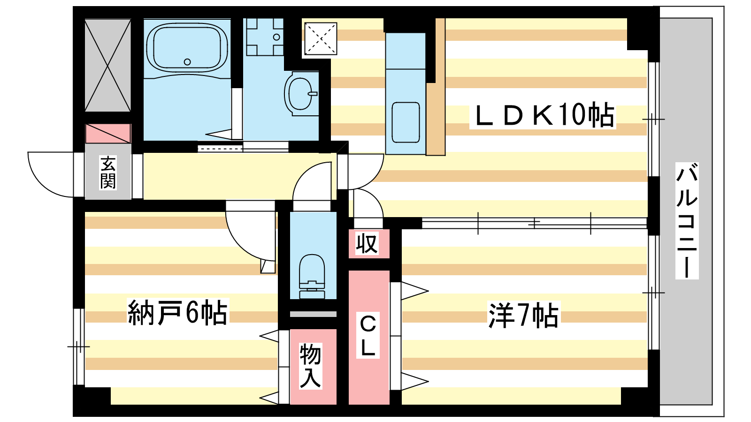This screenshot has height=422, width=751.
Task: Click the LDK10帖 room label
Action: point(543,115)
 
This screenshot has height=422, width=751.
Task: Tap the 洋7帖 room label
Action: point(523,315)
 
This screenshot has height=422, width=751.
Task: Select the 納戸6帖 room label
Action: point(177,313)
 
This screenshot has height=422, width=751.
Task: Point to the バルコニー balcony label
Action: point(687,220)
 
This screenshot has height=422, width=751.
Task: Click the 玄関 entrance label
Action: point(108,173)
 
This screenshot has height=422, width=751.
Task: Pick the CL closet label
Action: point(368,336)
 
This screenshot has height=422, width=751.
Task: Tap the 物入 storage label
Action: point(311,366)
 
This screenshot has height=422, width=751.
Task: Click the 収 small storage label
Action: point(367,244)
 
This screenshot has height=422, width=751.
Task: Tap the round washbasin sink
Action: point(299,93)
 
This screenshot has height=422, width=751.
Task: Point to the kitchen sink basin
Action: point(406,122)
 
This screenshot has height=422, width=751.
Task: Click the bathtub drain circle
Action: point(187,62)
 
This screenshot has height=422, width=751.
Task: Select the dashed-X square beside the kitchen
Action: point(321,38)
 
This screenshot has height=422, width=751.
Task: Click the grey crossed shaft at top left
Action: point(107,65)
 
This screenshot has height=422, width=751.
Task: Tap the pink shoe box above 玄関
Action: point(107,134)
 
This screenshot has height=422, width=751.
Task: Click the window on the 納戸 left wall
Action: point(78,347)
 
